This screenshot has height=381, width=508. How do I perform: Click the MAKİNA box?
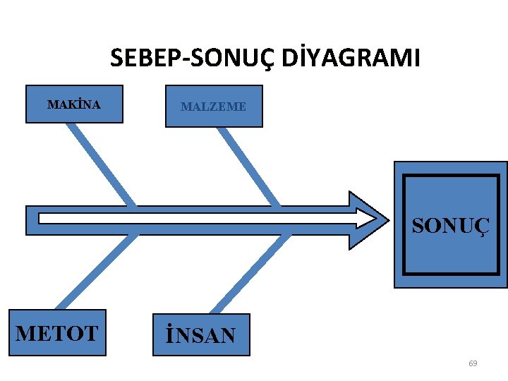pos(74,104)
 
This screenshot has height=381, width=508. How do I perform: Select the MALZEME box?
pos(214,106)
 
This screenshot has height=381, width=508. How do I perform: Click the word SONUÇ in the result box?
pos(449,226)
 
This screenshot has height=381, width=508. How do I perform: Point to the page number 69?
pos(473,363)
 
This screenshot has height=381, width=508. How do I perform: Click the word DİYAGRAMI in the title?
pos(351,57)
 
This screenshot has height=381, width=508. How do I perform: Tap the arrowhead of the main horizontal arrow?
pos(368,219)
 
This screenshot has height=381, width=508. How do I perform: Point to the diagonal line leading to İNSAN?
pos(250,274)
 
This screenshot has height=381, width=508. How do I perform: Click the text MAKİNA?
pos(74,105)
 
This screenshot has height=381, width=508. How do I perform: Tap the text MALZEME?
pos(214,107)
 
